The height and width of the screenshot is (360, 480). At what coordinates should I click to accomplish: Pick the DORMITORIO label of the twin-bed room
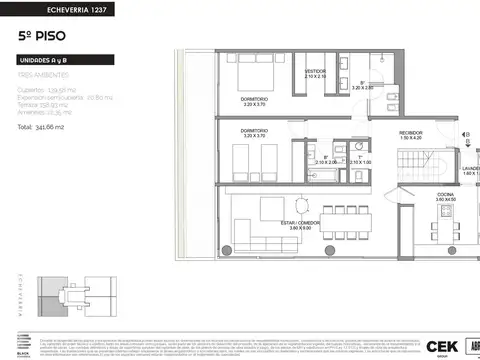click(253, 130)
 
